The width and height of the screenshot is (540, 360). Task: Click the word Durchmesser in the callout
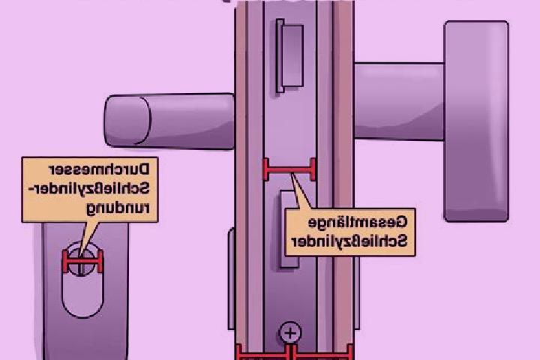coord(99,169)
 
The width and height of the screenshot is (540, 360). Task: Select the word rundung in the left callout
coord(118,208)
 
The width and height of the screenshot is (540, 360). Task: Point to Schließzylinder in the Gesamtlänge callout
coord(349,241)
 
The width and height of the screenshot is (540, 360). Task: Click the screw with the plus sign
coord(290,332)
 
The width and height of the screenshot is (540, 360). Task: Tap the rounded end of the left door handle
coord(127,121)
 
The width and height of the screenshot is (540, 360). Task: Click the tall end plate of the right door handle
coord(476,121)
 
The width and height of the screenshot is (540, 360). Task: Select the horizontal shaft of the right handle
coord(399,101)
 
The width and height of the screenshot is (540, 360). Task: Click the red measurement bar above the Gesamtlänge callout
coord(289,169)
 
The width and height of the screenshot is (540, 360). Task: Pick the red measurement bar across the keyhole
coord(82,262)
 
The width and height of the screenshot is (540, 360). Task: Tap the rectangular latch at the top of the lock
coord(290,55)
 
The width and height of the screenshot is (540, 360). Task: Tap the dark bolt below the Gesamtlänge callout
coord(289,262)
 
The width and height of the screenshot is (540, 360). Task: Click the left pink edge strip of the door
coord(241,179)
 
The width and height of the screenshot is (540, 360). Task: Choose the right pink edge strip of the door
coord(343,179)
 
